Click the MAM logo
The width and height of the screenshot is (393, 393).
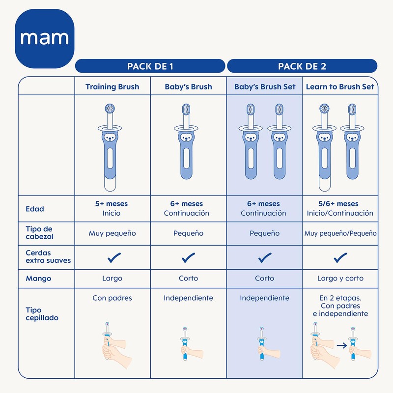click(45, 38)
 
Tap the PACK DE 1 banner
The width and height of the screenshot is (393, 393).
click(150, 66)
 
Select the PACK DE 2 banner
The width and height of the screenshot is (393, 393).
click(302, 66)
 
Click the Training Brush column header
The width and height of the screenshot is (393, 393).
click(112, 87)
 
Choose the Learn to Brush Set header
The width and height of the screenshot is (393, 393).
click(340, 87)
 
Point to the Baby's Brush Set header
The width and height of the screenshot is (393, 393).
click(265, 87)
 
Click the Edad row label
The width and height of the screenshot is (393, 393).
click(35, 209)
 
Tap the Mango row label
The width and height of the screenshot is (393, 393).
click(38, 279)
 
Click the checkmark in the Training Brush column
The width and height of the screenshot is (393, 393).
click(112, 257)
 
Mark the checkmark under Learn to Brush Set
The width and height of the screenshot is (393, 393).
click(340, 257)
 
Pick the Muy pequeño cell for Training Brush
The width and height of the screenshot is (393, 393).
click(112, 233)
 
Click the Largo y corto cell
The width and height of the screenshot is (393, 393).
click(340, 279)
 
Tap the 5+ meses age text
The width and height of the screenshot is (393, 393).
click(112, 204)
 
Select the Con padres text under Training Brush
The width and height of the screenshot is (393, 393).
click(112, 298)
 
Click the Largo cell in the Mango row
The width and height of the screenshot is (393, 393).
click(112, 279)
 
